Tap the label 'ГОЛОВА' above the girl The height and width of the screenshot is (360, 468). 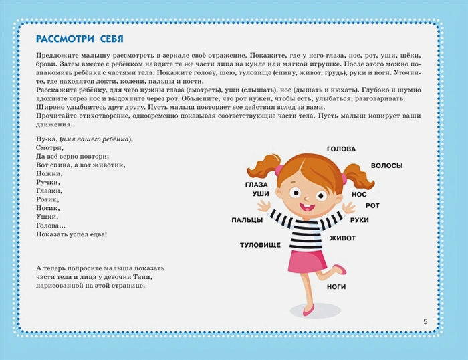coord(341,149)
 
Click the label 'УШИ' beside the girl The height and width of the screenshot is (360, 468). coord(260,193)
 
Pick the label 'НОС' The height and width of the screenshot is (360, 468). coord(359,195)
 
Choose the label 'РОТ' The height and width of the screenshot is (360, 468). coord(372,205)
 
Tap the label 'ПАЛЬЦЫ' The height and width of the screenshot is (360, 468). coord(247,219)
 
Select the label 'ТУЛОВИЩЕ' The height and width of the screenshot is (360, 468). coord(260,246)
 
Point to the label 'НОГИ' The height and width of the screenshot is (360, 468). coord(336,286)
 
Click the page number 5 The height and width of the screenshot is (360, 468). coord(426,322)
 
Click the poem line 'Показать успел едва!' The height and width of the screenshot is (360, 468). coord(73,234)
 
